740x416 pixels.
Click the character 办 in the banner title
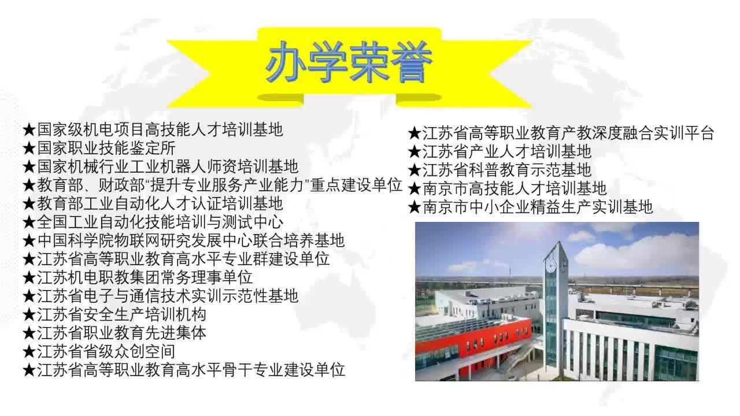286,62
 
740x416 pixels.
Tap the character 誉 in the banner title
411,62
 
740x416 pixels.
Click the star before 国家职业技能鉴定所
29,148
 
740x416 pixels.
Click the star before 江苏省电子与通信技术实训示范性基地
29,296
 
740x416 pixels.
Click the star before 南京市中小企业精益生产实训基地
415,207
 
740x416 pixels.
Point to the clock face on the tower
551,266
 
